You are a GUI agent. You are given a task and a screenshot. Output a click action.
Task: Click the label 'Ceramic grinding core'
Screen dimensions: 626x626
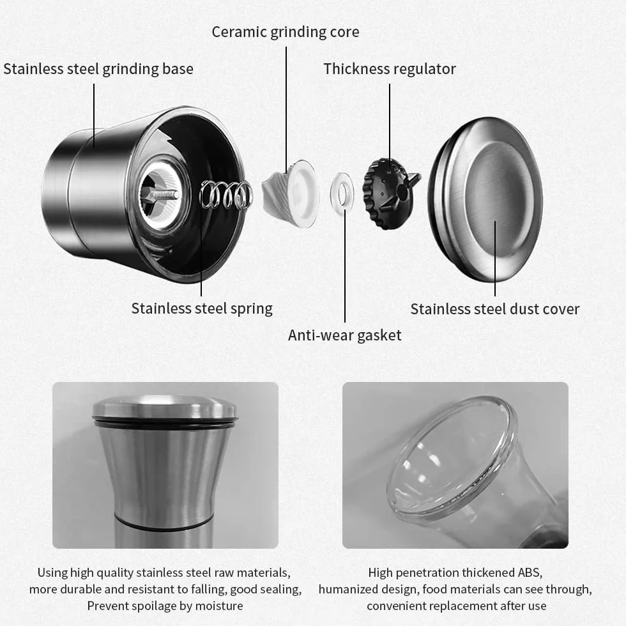tap(285, 32)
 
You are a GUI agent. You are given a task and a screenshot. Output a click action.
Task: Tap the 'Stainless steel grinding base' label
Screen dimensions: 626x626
tap(98, 69)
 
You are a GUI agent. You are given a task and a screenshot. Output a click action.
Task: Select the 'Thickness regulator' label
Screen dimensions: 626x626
tap(389, 69)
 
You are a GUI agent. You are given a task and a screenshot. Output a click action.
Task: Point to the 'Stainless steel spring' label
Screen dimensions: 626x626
tap(202, 309)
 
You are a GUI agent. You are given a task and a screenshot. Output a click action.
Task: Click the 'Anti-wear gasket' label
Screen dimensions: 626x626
tap(344, 335)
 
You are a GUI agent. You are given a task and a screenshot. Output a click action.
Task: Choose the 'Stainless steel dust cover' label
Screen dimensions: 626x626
tap(494, 309)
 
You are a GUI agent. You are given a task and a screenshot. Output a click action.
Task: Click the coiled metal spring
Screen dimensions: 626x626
tap(226, 194)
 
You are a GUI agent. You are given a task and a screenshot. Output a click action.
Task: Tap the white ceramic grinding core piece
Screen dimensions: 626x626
tap(291, 193)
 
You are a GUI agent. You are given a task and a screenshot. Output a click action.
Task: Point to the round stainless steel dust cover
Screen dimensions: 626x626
tap(485, 199)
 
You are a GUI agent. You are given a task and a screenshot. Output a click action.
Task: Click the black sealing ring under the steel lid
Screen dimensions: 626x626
tap(164, 423)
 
